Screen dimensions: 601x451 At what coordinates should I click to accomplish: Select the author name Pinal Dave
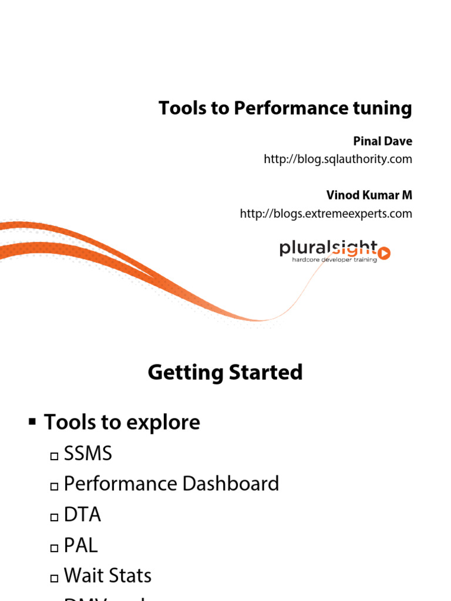pos(382,141)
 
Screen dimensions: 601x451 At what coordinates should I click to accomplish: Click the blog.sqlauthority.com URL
pos(338,159)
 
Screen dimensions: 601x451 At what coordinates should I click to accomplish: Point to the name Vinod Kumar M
pos(369,195)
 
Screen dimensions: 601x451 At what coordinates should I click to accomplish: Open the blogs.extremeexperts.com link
pos(326,214)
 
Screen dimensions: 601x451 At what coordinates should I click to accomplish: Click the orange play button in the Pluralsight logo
pos(385,254)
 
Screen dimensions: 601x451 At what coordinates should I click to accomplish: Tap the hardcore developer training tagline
pos(335,259)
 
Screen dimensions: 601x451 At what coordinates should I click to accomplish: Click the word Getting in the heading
pos(184,373)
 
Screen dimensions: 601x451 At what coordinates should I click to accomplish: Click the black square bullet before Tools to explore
pos(32,421)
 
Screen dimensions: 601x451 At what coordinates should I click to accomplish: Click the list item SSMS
pos(87,454)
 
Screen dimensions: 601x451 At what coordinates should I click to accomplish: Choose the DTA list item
pos(82,515)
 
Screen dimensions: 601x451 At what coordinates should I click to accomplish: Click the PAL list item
pos(80,546)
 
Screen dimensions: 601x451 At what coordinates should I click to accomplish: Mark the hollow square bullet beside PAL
pos(55,548)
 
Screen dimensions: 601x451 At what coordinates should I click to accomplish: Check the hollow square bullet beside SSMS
pos(55,455)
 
